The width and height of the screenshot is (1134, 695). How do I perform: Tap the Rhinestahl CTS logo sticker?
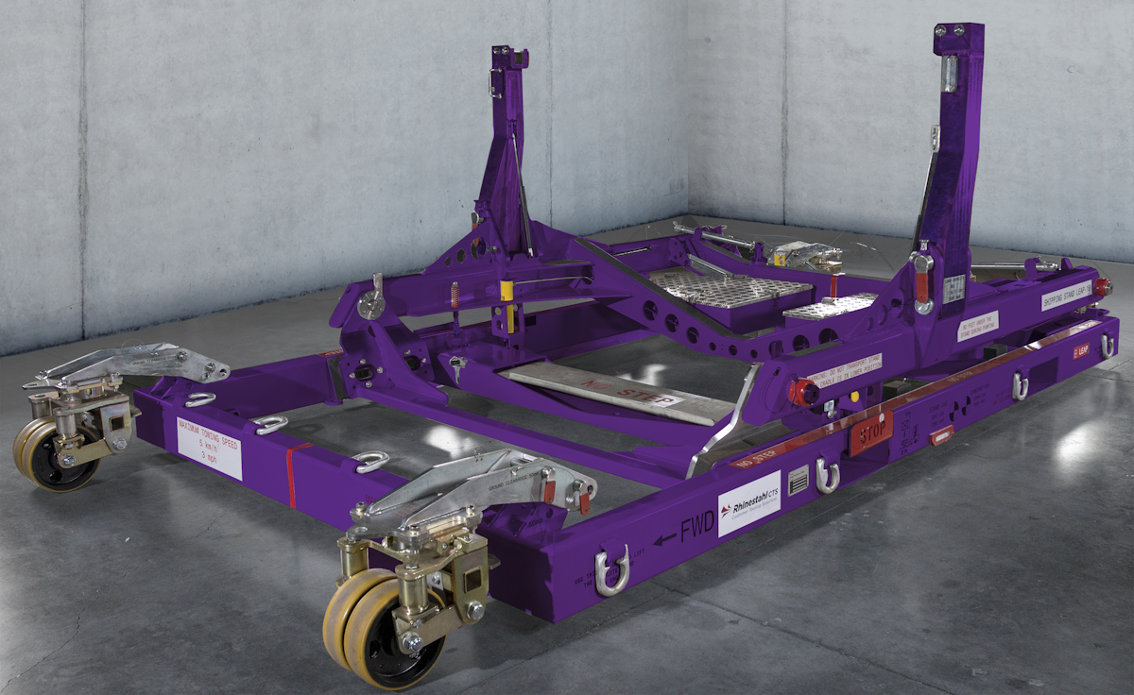[x=748, y=503]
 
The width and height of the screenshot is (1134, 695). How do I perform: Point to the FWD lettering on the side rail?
[x=695, y=527]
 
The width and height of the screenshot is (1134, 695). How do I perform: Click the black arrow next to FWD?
[x=664, y=537]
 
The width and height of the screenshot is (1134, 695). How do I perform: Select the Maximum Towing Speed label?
[x=209, y=449]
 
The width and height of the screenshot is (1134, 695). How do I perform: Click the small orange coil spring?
[x=454, y=294]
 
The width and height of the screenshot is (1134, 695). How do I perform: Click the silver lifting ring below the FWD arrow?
[x=611, y=570]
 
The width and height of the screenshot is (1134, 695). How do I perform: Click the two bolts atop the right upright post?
[x=959, y=30]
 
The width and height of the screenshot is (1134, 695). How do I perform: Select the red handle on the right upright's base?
[x=920, y=282]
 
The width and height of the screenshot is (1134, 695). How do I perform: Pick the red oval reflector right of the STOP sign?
[x=941, y=434]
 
